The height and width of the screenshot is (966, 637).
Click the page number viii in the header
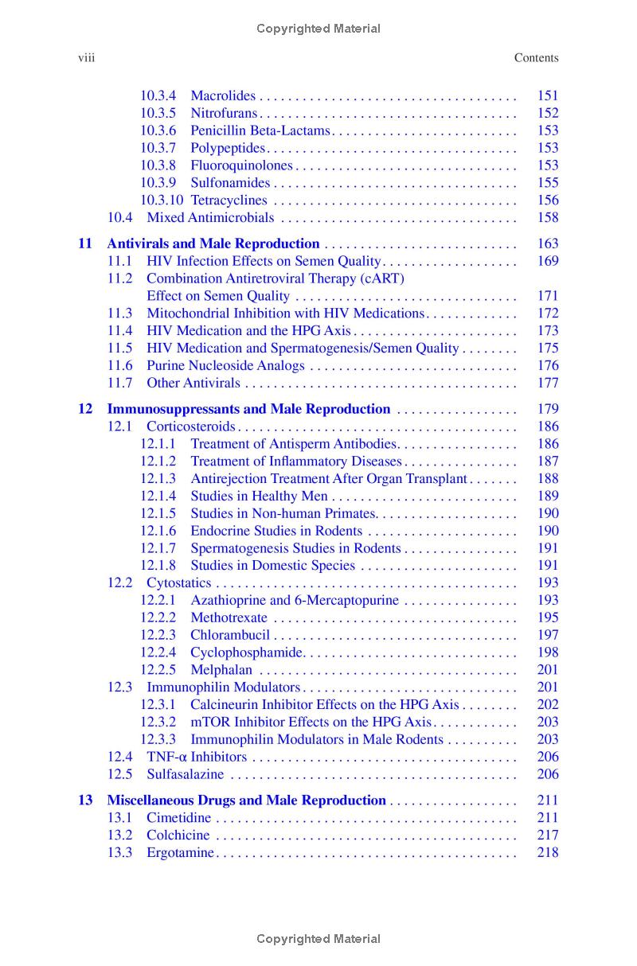[x=85, y=57]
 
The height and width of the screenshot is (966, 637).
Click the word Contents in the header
[x=536, y=57]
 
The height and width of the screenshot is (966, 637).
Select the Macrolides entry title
[x=223, y=95]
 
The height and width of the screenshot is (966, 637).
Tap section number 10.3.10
[x=162, y=201]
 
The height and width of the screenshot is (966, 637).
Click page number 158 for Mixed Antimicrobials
[x=548, y=218]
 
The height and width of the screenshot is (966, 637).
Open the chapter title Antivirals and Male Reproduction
[x=213, y=243]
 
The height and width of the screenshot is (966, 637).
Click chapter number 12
[x=85, y=409]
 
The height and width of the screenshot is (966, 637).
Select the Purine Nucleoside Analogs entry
[x=225, y=366]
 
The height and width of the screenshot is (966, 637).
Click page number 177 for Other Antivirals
[x=548, y=384]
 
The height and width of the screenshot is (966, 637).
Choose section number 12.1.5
[x=158, y=514]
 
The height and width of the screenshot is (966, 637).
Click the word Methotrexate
[x=229, y=617]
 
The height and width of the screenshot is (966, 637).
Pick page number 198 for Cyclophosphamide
[x=548, y=652]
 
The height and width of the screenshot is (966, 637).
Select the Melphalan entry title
[x=221, y=670]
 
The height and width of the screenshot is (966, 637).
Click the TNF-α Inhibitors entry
[x=197, y=758]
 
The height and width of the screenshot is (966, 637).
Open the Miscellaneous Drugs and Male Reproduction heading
[x=246, y=800]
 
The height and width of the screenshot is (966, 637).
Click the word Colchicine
[x=178, y=836]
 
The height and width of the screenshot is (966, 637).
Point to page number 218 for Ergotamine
[x=548, y=853]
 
